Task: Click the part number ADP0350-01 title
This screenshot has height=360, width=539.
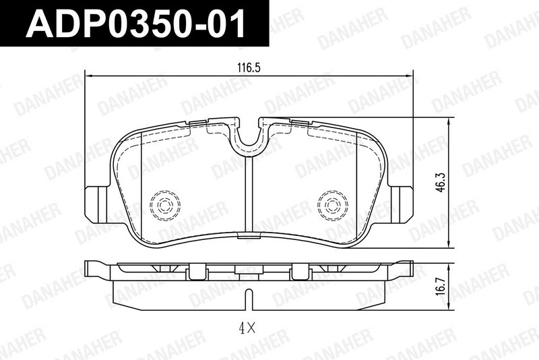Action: click(x=135, y=24)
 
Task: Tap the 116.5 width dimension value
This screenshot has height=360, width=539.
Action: click(x=249, y=67)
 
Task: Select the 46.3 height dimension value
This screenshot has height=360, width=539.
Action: click(x=441, y=182)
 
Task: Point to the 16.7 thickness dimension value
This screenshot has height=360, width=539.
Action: click(x=442, y=286)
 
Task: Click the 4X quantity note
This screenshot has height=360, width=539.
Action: click(x=247, y=329)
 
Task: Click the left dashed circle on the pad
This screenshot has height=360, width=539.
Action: click(x=165, y=205)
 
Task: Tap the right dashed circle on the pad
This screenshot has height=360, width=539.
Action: click(x=333, y=205)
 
